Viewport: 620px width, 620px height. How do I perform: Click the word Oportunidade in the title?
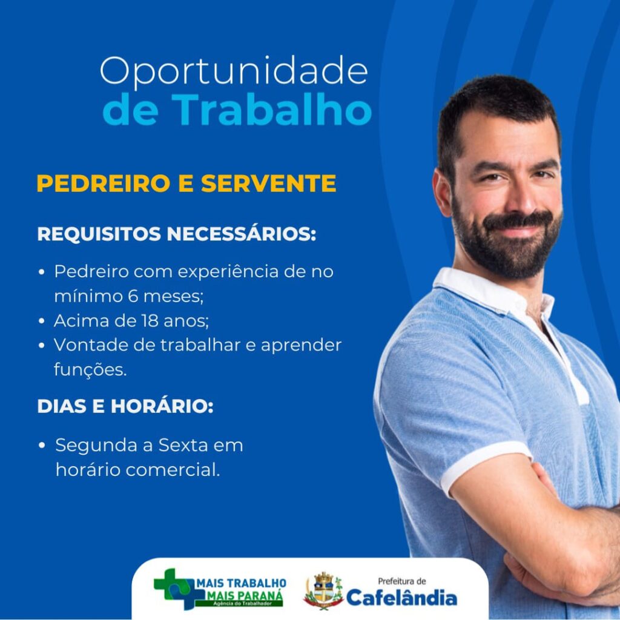234,72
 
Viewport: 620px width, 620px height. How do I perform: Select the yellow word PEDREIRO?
103,183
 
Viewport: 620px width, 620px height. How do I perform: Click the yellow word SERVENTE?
268,183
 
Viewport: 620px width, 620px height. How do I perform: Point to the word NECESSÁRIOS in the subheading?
241,233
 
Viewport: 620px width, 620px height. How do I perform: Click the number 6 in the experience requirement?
133,295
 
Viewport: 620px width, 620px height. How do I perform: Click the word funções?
90,370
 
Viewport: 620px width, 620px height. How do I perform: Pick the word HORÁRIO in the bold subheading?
162,406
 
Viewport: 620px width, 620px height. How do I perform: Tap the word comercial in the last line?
173,470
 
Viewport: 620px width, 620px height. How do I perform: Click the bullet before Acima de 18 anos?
42,321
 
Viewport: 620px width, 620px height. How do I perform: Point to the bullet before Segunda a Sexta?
42,446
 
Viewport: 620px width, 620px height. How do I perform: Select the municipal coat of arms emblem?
323,591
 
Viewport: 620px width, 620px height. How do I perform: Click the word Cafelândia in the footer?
402,597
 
